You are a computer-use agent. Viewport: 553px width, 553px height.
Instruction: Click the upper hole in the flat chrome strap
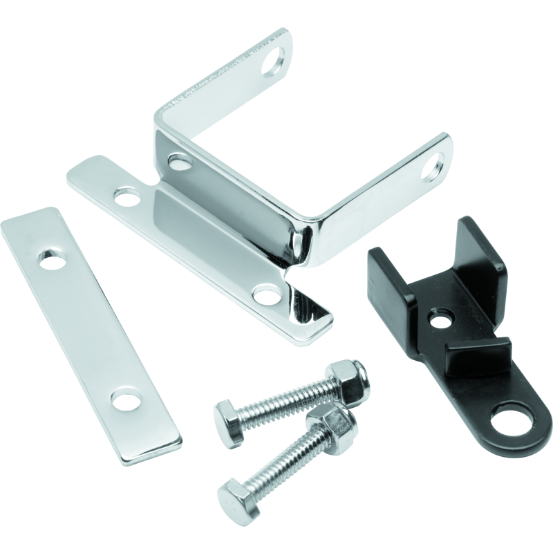[51, 261]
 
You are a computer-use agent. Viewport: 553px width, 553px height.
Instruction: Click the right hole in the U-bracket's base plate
[265, 295]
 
